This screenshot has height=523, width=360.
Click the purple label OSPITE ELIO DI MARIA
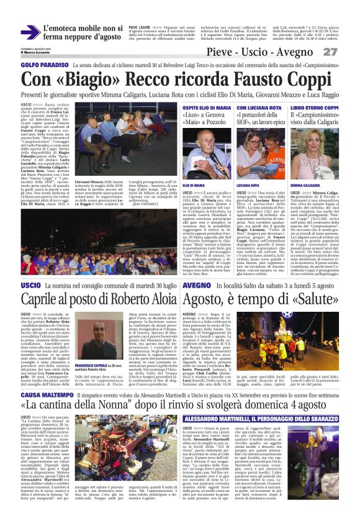point(204,108)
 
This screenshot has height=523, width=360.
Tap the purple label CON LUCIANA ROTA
point(257,108)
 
